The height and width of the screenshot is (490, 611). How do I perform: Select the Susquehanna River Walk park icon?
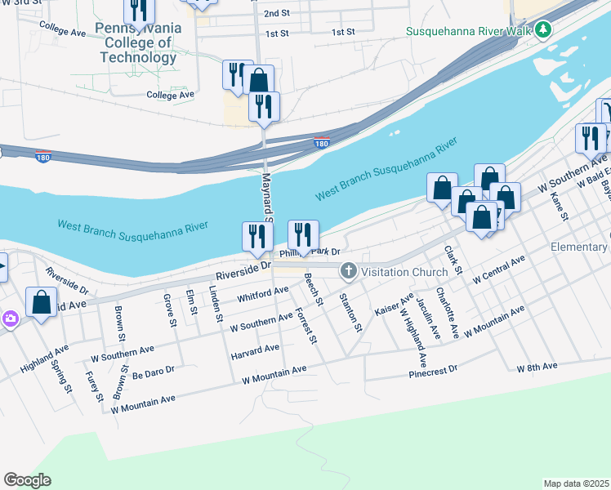pyautogui.click(x=543, y=31)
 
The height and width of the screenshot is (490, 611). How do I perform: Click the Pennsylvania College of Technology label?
pyautogui.click(x=137, y=43)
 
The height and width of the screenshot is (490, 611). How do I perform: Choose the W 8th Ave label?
pyautogui.click(x=537, y=367)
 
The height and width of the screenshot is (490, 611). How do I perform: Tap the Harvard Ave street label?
pyautogui.click(x=255, y=350)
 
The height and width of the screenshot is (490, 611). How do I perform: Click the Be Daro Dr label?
pyautogui.click(x=154, y=370)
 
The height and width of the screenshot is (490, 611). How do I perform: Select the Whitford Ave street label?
pyautogui.click(x=263, y=292)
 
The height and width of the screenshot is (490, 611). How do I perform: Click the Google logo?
pyautogui.click(x=27, y=480)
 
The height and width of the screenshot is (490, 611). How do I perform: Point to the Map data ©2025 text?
pyautogui.click(x=576, y=483)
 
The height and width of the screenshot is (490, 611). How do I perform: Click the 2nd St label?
pyautogui.click(x=276, y=14)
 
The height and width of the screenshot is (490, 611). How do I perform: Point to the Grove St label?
pyautogui.click(x=171, y=311)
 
